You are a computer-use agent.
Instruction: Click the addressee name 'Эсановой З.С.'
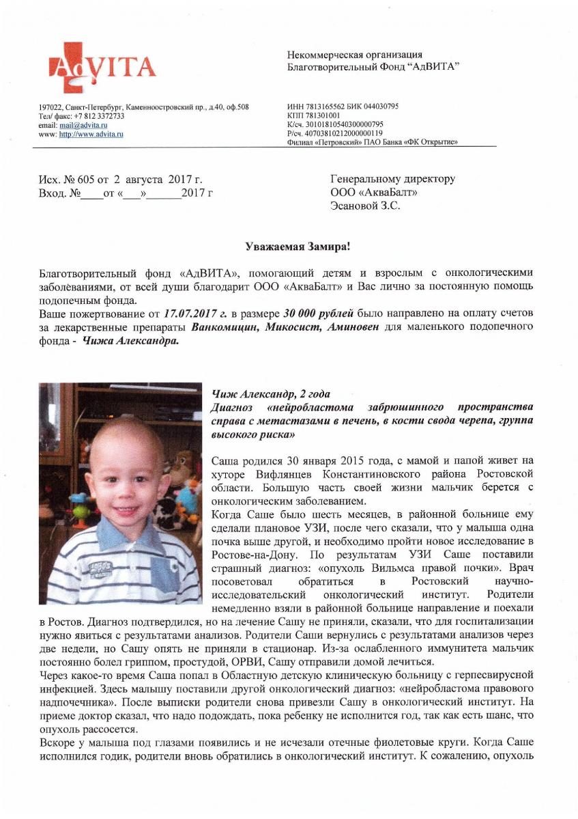(365, 206)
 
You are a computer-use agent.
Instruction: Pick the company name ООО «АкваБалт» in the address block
(374, 193)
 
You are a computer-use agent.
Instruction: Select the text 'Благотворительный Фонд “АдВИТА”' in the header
(373, 67)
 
